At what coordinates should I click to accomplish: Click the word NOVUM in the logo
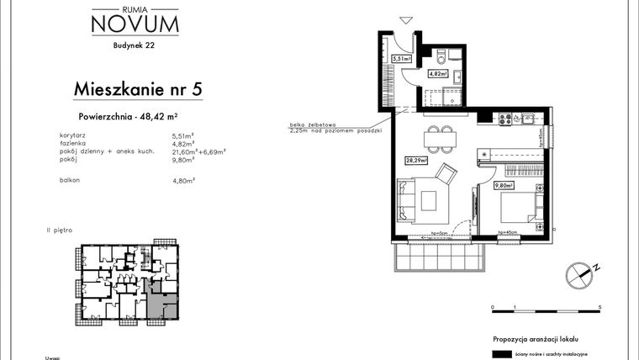point(134,24)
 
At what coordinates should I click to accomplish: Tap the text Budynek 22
point(134,47)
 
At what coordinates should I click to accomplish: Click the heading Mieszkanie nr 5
point(139,87)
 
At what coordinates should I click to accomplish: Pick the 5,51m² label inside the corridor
point(400,59)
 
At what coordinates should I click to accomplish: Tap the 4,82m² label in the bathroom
point(437,73)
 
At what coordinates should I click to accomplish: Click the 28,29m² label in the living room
point(416,159)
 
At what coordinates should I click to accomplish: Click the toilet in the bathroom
point(451,57)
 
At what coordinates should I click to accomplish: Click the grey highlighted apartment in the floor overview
point(161,303)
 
